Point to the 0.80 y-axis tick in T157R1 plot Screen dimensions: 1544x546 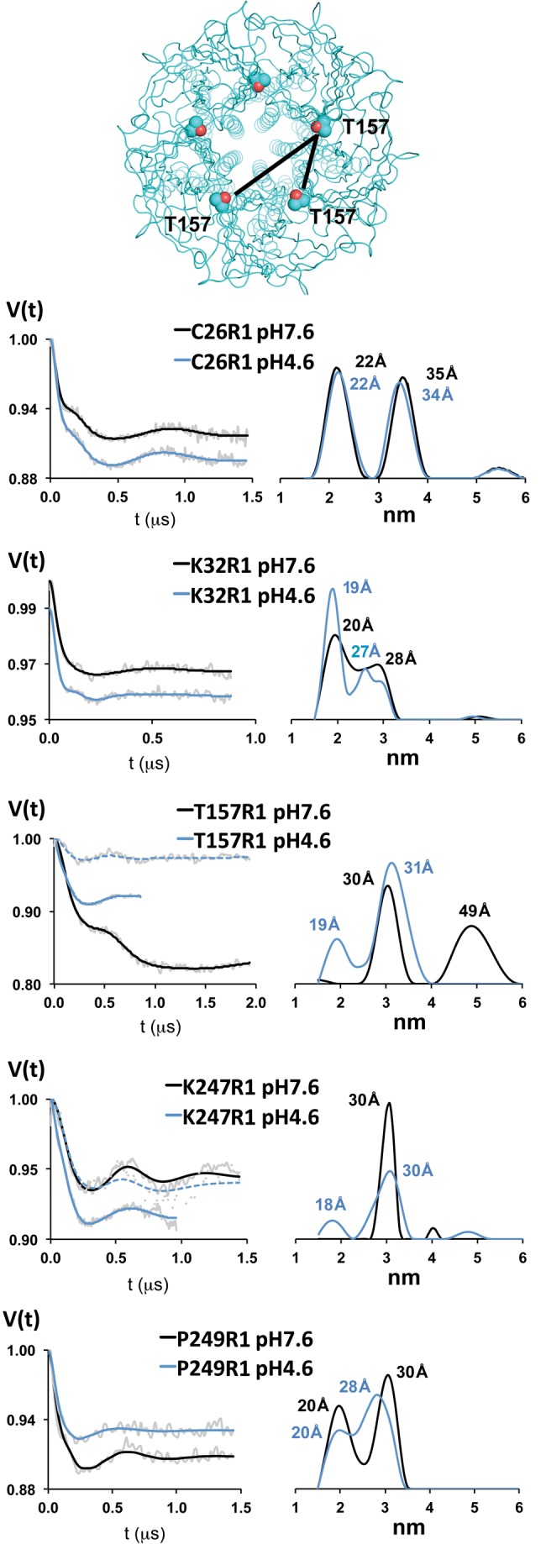pyautogui.click(x=23, y=984)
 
